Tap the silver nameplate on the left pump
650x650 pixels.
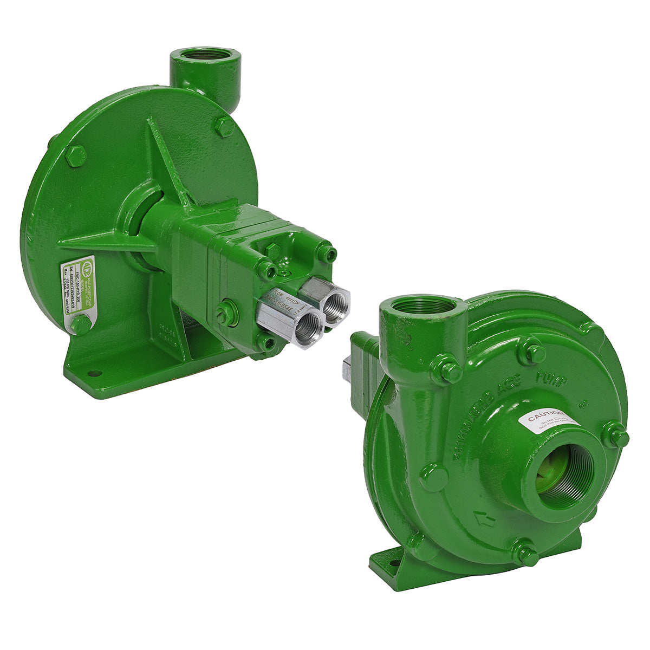(78, 292)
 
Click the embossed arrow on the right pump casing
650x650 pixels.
(484, 519)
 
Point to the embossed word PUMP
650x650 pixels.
(550, 379)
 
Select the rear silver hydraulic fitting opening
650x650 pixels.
(336, 301)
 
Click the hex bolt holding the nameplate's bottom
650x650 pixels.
(81, 324)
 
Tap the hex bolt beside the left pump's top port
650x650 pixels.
(224, 127)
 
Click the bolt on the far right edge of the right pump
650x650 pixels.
(616, 435)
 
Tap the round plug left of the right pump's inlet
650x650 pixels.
(434, 477)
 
